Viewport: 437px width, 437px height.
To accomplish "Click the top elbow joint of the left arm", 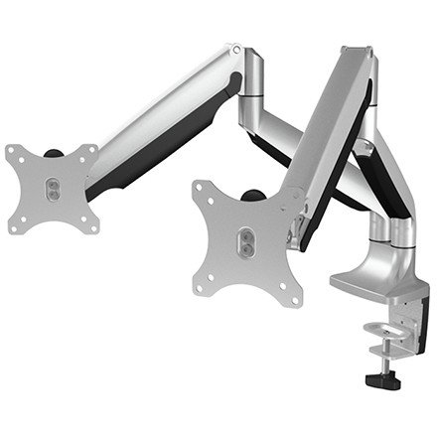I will pos(238,55).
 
